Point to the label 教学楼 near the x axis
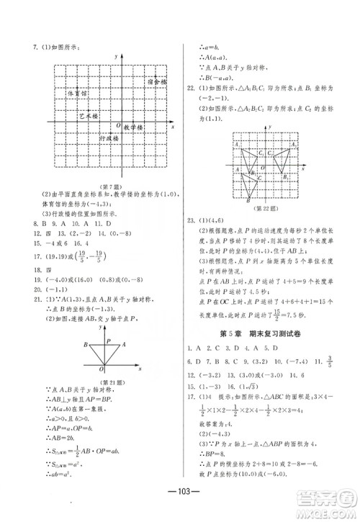pos(134,127)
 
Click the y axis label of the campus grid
pos(115,56)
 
